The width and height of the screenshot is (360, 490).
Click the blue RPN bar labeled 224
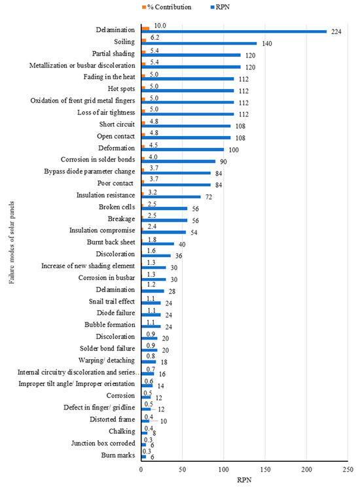(x=234, y=31)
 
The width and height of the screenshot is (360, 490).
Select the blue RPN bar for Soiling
(x=198, y=43)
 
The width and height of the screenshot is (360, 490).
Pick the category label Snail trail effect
(x=112, y=302)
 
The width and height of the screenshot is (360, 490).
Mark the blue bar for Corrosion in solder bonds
(x=178, y=161)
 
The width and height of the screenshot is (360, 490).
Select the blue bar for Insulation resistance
(x=171, y=196)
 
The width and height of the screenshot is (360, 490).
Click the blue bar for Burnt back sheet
(x=158, y=243)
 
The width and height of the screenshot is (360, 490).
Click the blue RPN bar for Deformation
(x=182, y=149)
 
